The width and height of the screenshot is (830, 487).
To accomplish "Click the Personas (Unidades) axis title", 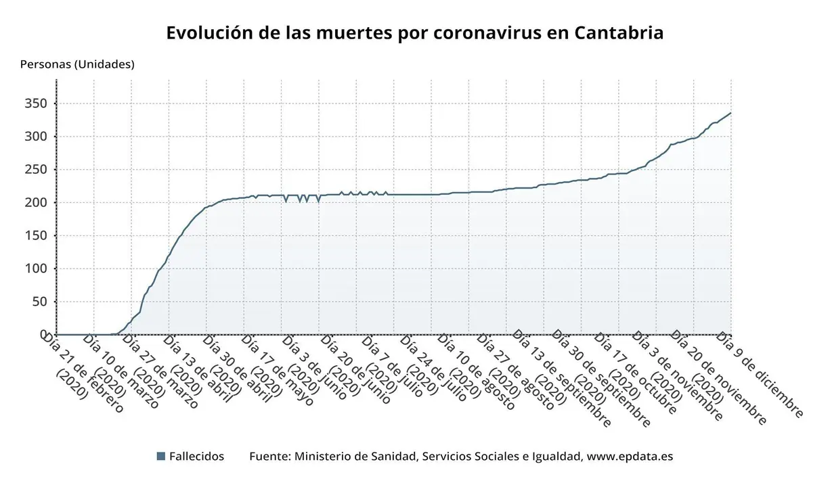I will pos(77,64).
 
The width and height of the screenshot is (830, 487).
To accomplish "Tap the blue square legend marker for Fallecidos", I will pos(160,457).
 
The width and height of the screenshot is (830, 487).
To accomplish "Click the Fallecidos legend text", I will pos(196,457).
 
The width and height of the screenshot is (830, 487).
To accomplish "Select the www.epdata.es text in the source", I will pos(630,457).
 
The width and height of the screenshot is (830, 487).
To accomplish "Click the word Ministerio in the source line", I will pos(322,457).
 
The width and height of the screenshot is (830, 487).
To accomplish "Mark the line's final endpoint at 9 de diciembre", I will pos(730,113).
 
